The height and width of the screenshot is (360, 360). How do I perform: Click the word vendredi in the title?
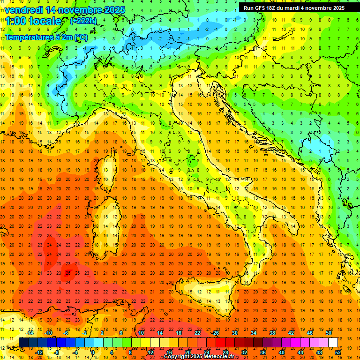24,9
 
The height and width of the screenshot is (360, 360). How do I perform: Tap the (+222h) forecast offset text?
83,21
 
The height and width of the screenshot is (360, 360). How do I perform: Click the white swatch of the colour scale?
333,342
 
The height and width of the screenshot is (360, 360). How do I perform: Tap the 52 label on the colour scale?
337,352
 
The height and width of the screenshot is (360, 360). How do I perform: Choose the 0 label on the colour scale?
93,352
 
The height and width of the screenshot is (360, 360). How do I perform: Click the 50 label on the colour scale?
328,333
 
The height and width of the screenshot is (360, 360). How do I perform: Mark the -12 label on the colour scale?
39,352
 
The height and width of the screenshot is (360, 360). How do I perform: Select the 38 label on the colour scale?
272,333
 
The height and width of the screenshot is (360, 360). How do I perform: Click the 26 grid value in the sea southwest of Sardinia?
68,273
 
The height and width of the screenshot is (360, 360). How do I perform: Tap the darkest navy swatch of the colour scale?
23,342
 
